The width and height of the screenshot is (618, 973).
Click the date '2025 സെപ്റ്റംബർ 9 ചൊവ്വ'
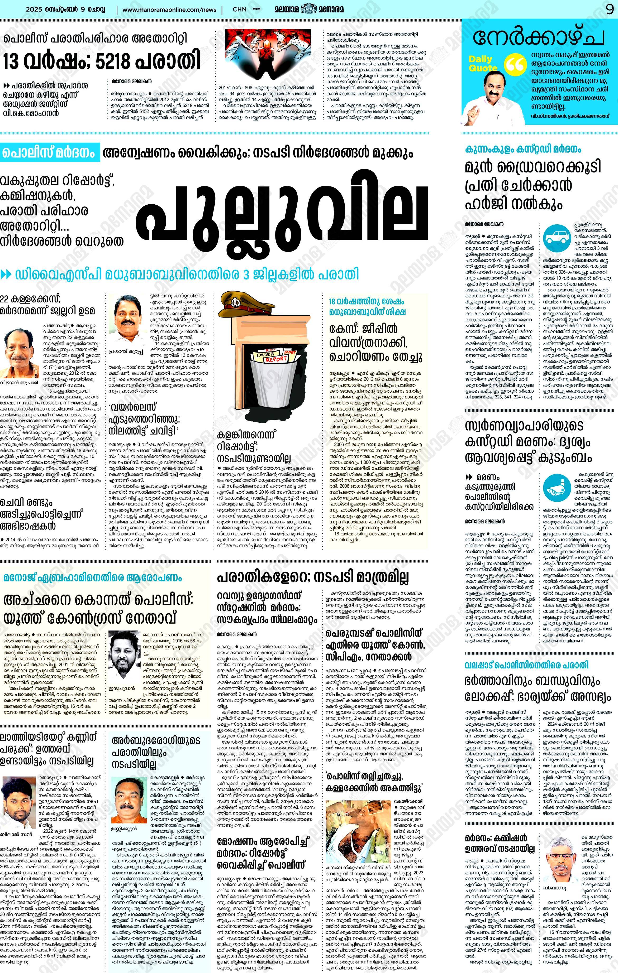(x=65, y=9)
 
